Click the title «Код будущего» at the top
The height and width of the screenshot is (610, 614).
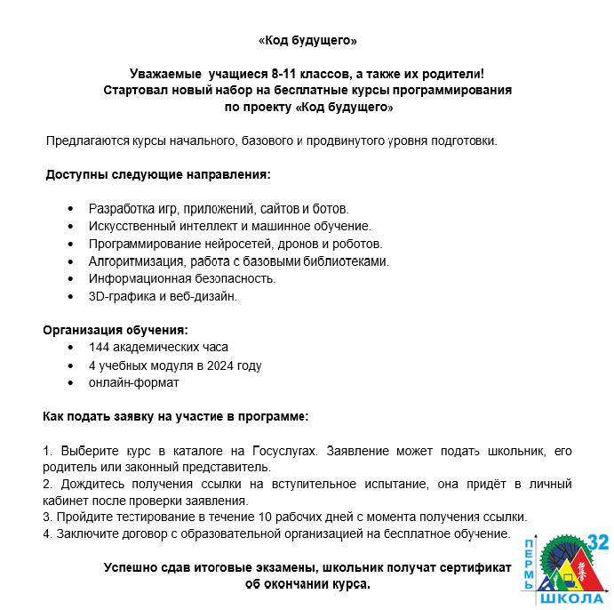point(307,41)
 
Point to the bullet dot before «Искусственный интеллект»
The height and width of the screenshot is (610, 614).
point(71,227)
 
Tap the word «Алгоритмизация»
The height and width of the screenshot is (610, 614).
point(135,261)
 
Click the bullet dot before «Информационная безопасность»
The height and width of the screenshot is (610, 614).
point(71,278)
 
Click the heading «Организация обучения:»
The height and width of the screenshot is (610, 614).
point(116,331)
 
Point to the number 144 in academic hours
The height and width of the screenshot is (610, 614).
point(100,348)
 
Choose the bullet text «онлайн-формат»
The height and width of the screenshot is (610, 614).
point(133,382)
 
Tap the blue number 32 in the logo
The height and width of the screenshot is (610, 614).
point(598,542)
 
